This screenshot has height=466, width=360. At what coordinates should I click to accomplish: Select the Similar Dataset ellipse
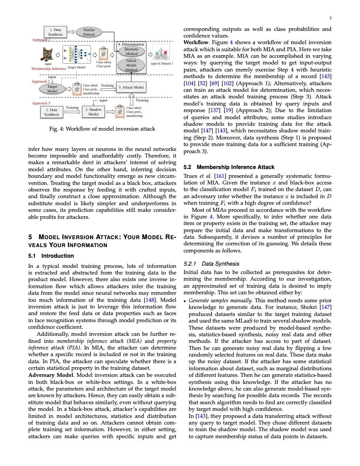pos(89,32)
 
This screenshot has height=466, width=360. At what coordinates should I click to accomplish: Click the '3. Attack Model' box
pos(131,88)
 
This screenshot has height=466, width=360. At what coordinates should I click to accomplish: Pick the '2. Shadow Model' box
pos(94,111)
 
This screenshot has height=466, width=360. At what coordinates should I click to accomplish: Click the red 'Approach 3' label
pos(41,103)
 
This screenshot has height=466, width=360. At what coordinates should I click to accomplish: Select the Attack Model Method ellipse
pos(131,65)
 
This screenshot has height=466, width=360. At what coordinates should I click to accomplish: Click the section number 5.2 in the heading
pos(187,167)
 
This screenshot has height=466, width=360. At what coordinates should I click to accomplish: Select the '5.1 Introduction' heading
pos(51,256)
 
